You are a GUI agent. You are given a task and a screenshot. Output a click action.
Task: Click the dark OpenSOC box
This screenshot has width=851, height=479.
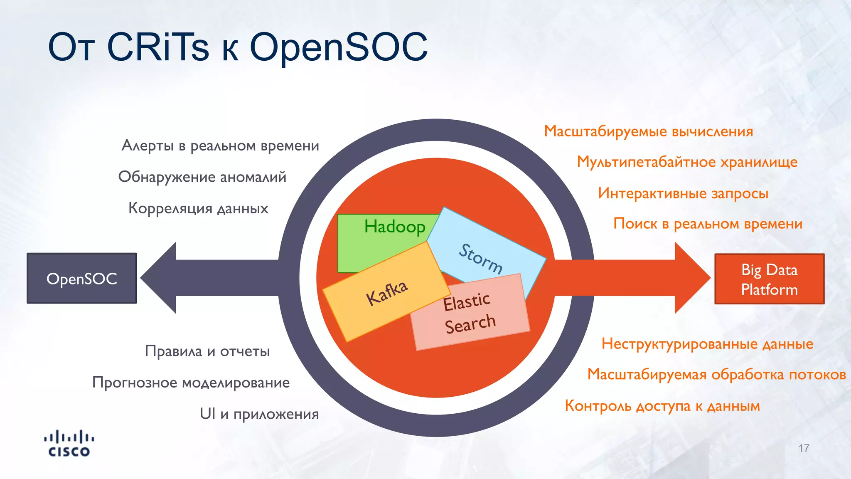(82, 278)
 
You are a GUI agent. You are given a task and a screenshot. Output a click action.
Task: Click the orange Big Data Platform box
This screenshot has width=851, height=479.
(769, 279)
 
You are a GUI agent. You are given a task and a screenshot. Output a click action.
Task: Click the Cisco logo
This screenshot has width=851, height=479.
(69, 444)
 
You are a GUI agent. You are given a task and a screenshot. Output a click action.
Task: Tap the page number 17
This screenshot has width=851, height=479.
(804, 448)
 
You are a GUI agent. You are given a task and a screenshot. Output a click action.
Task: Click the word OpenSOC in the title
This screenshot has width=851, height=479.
(339, 47)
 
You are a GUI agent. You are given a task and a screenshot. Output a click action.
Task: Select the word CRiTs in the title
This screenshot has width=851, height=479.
(157, 47)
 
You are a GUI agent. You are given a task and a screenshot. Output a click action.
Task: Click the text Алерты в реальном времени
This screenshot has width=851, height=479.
(220, 146)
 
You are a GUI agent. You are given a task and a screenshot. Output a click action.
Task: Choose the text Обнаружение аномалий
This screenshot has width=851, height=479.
(202, 177)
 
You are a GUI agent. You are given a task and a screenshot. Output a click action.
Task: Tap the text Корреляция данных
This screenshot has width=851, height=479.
(198, 208)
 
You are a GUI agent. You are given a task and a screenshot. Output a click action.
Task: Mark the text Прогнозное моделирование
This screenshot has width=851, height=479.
(191, 383)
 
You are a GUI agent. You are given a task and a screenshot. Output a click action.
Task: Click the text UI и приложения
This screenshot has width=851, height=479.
(259, 414)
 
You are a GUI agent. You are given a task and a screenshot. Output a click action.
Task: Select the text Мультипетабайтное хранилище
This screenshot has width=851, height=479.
(687, 162)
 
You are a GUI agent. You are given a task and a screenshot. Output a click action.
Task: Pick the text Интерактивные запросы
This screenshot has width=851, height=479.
(683, 193)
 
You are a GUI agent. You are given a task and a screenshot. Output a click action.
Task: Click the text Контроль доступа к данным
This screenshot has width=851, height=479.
(662, 406)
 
